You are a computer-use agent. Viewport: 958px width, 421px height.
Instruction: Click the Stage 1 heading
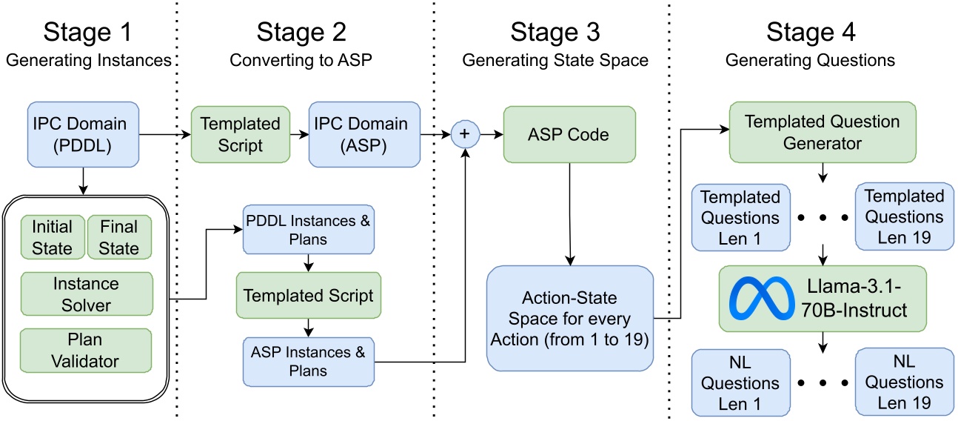(x=88, y=33)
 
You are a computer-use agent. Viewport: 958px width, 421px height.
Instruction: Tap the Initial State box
(x=52, y=236)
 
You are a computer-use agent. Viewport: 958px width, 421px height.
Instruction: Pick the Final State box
(x=119, y=236)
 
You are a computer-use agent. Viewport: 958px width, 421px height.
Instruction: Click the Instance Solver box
(x=87, y=294)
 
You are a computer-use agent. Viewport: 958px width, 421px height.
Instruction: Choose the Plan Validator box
(x=87, y=351)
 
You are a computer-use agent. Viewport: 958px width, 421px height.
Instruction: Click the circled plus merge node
(x=466, y=133)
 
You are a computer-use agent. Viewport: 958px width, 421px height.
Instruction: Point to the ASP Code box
(x=569, y=133)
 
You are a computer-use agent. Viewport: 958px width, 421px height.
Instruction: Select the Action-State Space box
(x=569, y=319)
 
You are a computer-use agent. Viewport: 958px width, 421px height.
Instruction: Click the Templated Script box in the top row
(x=241, y=134)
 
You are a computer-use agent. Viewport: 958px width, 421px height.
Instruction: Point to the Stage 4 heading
(x=810, y=33)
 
